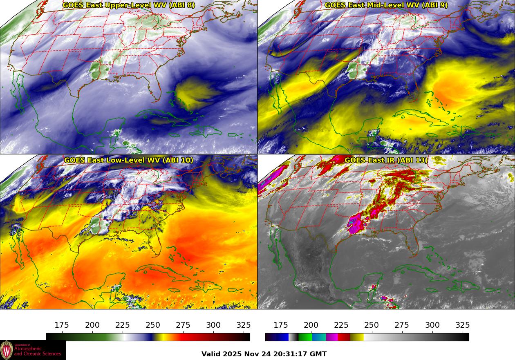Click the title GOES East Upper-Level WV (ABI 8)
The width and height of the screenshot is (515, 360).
(129, 5)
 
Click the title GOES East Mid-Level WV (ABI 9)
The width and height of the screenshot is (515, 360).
(386, 5)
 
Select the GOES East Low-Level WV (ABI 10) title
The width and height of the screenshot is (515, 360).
(129, 160)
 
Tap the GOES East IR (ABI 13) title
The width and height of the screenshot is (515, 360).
(386, 160)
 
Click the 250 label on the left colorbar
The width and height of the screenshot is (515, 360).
(153, 325)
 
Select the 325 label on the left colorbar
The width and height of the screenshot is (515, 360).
(244, 325)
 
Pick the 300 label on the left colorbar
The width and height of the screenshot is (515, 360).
(213, 325)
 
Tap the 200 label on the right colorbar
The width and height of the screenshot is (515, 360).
(311, 325)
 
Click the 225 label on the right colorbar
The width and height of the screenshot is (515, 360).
(341, 325)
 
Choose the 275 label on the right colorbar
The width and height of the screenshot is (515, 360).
(402, 325)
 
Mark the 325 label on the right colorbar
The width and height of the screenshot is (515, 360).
(462, 325)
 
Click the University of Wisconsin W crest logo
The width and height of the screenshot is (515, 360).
(7, 350)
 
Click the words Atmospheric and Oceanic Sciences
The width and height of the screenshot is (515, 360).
(37, 351)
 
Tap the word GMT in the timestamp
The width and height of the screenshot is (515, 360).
(319, 354)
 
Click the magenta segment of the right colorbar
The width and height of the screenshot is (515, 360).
(332, 337)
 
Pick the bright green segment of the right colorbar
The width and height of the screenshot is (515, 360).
(305, 337)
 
